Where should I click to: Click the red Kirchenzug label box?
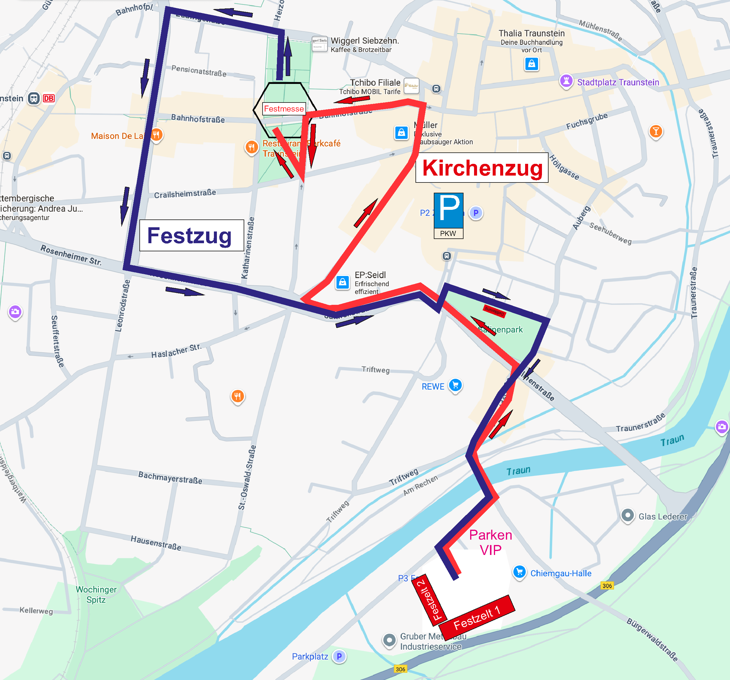(x=482, y=168)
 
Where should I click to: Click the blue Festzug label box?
(x=191, y=235)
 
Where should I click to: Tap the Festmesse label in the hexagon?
(x=284, y=109)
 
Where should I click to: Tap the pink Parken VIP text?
(x=491, y=542)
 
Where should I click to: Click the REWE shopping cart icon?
(x=455, y=385)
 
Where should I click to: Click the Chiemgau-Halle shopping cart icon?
(x=519, y=572)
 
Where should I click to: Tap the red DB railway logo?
(x=48, y=99)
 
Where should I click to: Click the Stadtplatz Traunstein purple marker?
(x=566, y=81)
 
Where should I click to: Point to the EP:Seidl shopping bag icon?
(x=342, y=282)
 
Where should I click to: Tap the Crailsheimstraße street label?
(x=185, y=194)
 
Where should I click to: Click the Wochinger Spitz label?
(x=96, y=594)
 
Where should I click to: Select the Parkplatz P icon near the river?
(x=339, y=656)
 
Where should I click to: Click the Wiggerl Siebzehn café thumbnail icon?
(x=319, y=44)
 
